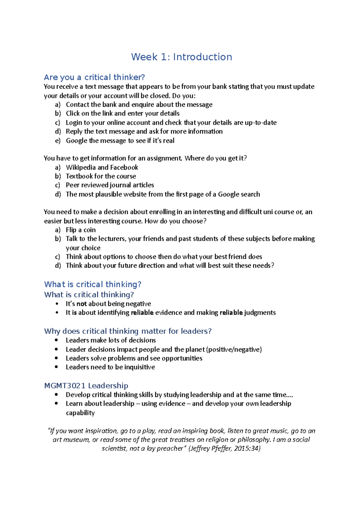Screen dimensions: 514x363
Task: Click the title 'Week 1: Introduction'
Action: click(181, 57)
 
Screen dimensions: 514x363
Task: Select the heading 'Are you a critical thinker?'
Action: click(94, 77)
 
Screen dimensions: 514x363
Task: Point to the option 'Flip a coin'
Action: click(80, 230)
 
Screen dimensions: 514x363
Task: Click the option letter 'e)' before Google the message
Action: click(58, 140)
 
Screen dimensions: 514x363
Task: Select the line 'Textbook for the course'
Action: click(101, 176)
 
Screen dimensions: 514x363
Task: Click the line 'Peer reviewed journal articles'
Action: click(110, 185)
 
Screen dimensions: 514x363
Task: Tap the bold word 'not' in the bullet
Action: click(81, 304)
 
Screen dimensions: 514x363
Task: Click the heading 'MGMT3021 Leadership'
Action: click(86, 386)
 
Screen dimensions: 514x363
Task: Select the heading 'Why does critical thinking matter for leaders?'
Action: click(128, 331)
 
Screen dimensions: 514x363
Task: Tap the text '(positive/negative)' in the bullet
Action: click(234, 350)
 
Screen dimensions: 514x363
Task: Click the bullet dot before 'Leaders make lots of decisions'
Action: click(57, 340)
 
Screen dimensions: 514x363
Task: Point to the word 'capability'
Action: click(80, 413)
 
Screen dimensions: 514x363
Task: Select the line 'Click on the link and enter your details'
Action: click(123, 114)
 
